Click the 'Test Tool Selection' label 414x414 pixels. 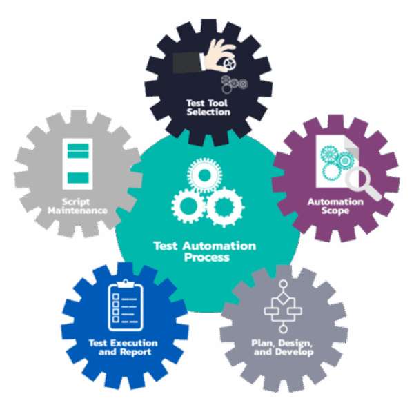(208, 106)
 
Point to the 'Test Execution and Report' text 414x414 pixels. (124, 347)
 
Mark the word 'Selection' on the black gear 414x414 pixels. (208, 111)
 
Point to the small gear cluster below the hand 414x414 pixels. (234, 84)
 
